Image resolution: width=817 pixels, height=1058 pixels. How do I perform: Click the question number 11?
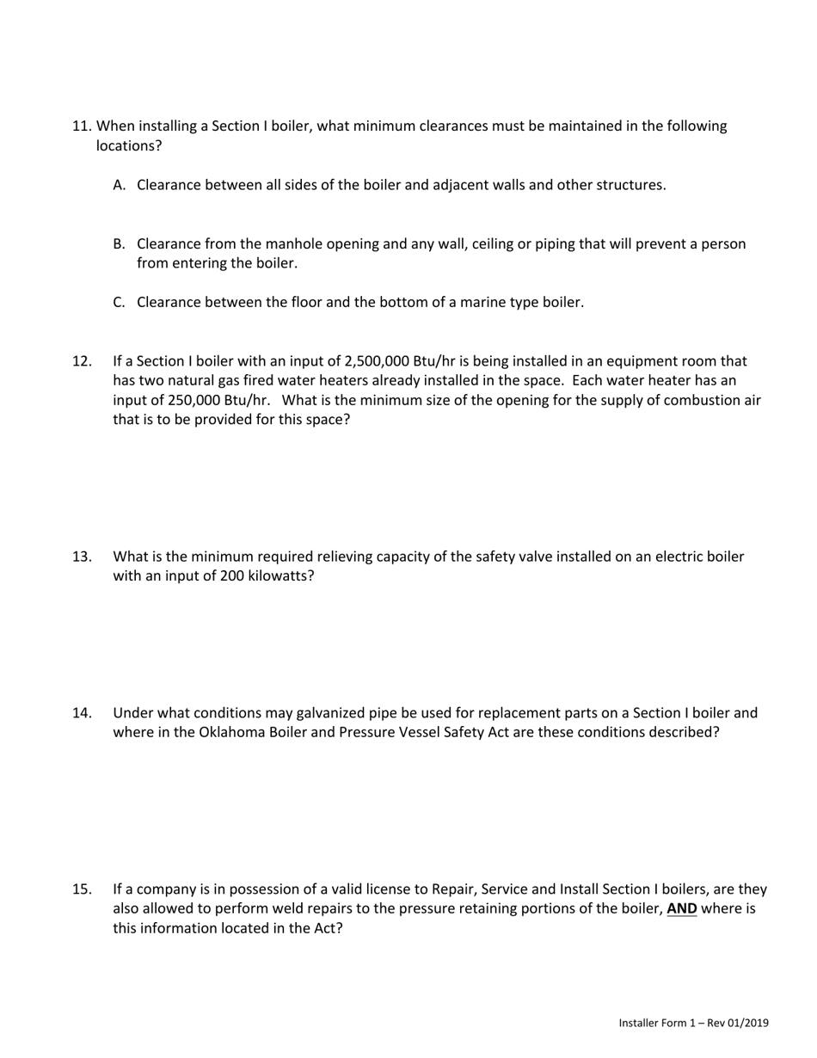(x=82, y=126)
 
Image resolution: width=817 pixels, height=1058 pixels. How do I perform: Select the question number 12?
(x=82, y=361)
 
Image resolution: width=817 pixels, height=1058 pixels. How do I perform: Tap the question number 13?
(x=82, y=557)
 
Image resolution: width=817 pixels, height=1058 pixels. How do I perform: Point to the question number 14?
(x=82, y=713)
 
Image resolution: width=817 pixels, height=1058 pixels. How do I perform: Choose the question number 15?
(x=82, y=889)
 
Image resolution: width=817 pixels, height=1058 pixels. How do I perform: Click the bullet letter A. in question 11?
(x=120, y=185)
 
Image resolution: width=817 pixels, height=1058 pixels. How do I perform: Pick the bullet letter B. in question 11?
(x=120, y=244)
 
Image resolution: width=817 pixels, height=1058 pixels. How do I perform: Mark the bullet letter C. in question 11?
(x=120, y=303)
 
